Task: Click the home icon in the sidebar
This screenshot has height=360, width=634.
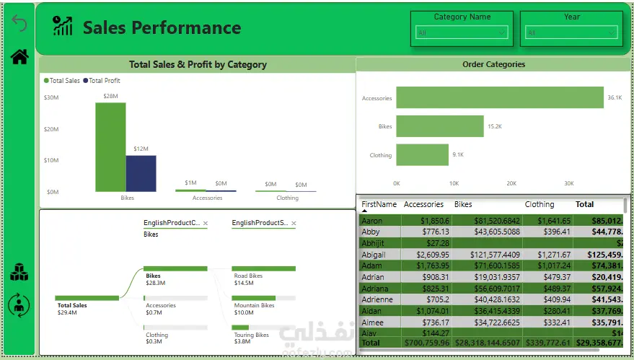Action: tap(19, 57)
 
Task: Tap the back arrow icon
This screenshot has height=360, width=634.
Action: tap(19, 24)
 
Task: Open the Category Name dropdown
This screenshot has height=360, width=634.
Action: tap(462, 32)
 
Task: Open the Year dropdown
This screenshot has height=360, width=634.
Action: tap(571, 32)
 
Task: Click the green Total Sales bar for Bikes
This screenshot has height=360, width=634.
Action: tap(110, 146)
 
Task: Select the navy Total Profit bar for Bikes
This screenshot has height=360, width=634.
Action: tap(141, 173)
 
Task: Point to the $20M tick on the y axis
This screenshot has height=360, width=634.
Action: tap(51, 129)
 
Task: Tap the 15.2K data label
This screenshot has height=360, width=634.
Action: tap(494, 126)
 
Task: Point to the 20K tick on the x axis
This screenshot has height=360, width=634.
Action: tap(511, 183)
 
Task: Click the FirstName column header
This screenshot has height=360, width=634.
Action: tap(379, 204)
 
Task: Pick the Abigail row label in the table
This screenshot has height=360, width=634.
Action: tap(374, 255)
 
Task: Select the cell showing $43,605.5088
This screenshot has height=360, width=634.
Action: tap(487, 232)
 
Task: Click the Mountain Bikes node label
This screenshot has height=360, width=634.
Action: tap(254, 305)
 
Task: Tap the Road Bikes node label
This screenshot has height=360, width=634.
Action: tap(248, 276)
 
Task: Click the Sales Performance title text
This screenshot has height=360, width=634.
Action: tap(162, 28)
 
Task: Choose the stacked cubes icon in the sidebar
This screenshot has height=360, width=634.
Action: tap(19, 273)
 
